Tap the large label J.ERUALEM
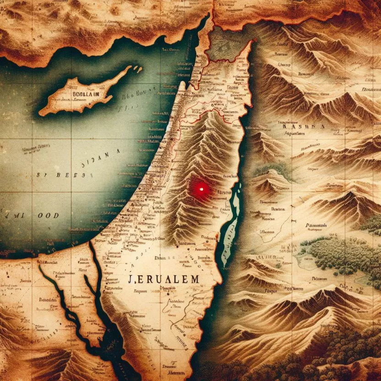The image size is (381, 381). pos(163,278)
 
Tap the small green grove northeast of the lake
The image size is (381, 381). pos(275,169)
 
